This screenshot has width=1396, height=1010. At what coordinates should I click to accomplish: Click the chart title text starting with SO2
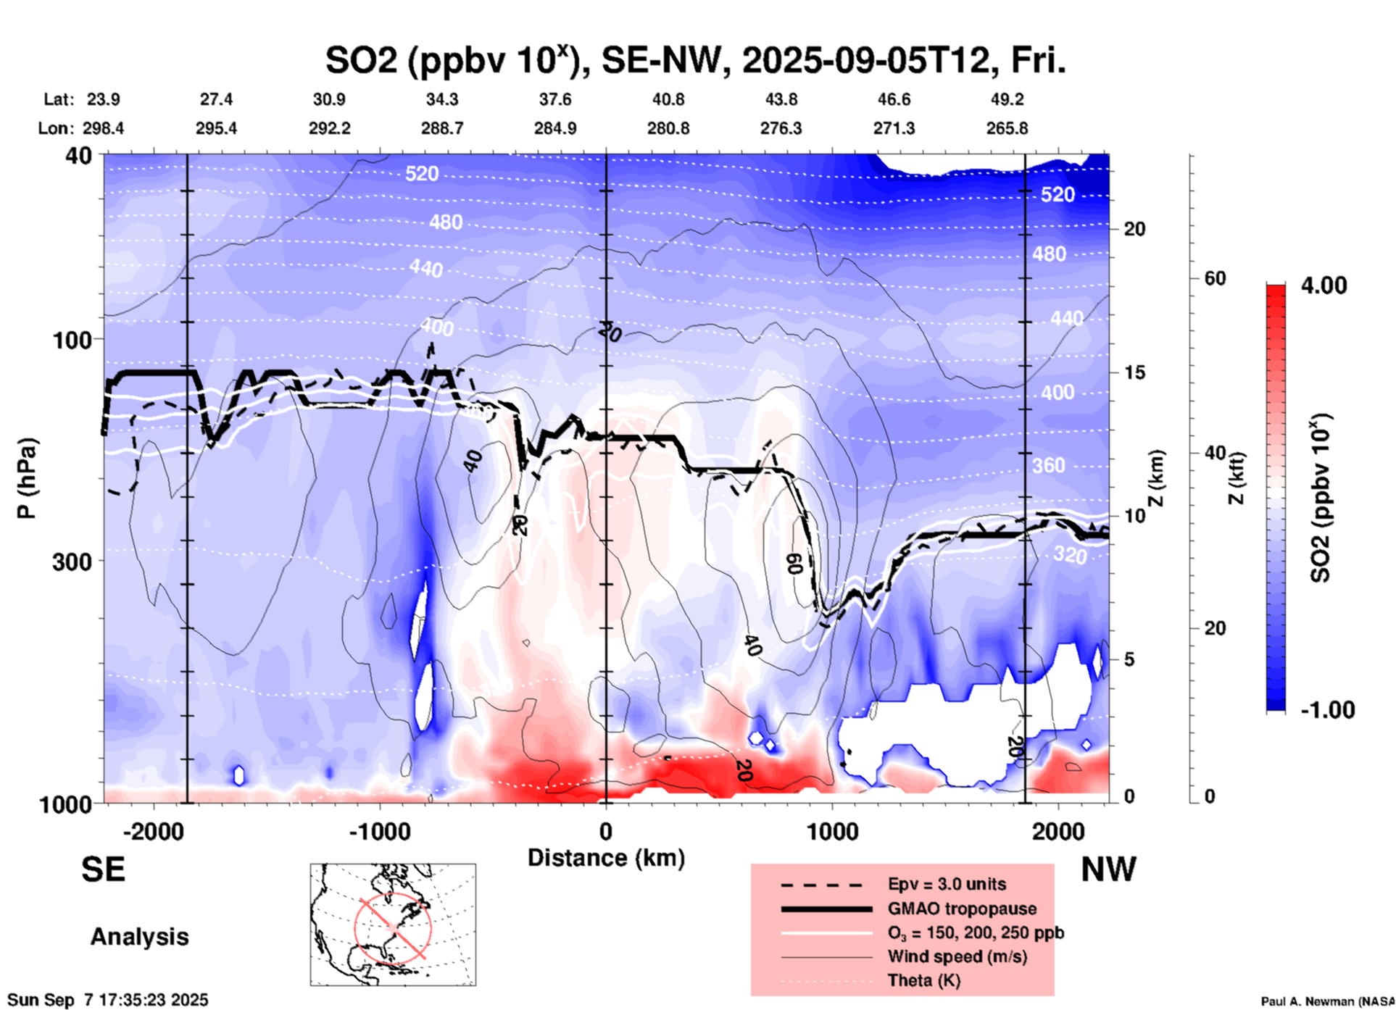tap(695, 61)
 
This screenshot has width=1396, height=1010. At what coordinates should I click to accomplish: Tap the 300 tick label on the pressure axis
tap(72, 562)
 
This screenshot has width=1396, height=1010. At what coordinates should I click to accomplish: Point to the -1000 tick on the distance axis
tap(379, 832)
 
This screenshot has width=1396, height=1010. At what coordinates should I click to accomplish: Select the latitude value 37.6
tap(554, 99)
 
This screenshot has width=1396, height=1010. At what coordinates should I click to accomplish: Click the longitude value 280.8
tap(668, 128)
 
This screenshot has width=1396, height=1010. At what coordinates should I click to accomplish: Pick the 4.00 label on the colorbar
tap(1324, 285)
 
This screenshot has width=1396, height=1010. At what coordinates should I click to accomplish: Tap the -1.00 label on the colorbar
tap(1327, 709)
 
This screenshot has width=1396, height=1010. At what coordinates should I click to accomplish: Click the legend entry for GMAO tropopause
tap(962, 909)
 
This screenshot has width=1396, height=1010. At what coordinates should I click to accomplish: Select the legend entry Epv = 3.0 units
tap(947, 884)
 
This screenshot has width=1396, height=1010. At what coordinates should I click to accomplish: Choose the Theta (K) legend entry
tap(923, 980)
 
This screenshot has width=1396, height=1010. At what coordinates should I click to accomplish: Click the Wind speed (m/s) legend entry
tap(957, 956)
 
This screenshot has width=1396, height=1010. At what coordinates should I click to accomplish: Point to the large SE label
tap(103, 869)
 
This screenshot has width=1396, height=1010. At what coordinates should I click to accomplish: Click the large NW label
tap(1108, 869)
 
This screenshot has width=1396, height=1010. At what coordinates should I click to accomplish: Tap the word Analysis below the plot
tap(139, 937)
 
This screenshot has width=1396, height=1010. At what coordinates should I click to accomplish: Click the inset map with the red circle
tap(393, 925)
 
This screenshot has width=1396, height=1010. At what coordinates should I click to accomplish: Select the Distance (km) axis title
tap(606, 858)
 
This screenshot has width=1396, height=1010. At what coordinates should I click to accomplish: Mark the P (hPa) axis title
tap(27, 478)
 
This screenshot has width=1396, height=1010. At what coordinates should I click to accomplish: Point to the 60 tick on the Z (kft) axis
tap(1215, 278)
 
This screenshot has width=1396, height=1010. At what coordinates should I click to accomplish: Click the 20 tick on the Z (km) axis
tap(1134, 229)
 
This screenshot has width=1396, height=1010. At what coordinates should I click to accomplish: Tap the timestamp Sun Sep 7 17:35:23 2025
tap(108, 1000)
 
